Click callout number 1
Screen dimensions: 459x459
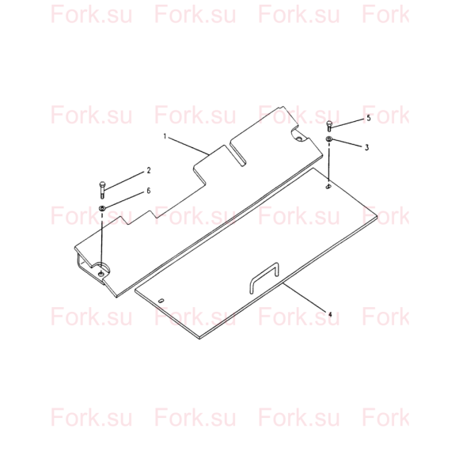pos(165,136)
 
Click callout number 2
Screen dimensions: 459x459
pos(149,170)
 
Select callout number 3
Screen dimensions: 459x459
pos(366,147)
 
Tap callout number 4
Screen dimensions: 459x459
pos(330,315)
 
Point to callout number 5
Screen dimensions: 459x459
pos(369,118)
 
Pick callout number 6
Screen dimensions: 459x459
pos(149,191)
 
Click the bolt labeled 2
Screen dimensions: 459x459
pos(102,190)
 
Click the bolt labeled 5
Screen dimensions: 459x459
pos(329,127)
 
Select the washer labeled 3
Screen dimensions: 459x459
pos(329,138)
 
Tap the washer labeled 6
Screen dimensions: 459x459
pos(102,208)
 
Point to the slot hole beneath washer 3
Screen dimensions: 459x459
pos(328,187)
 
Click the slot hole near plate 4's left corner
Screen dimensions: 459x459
pos(161,301)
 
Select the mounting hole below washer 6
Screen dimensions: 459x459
pos(101,274)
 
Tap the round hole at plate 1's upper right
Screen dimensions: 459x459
pos(299,138)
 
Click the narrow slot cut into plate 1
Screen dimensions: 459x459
pos(238,154)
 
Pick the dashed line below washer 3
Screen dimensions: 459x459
pos(329,163)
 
